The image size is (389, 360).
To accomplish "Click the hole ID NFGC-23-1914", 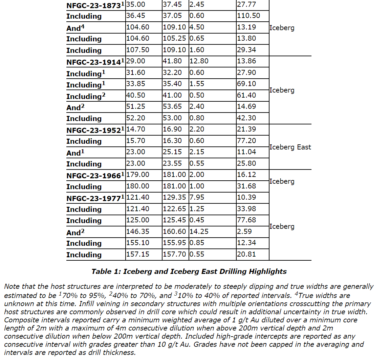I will click(94, 62).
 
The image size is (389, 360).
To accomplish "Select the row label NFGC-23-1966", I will click(94, 176).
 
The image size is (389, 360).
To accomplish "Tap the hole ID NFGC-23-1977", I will click(94, 198).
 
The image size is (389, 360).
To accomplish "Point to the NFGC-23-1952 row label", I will click(94, 130).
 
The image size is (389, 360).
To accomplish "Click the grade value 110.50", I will click(248, 16).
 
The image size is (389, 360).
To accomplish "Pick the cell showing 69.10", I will click(246, 84).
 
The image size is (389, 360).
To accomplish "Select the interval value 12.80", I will click(199, 61).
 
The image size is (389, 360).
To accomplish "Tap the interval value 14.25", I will click(199, 232).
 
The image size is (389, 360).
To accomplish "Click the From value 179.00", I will click(137, 175).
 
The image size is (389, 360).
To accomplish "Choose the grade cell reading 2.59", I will click(244, 232).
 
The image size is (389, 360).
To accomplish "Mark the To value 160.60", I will click(174, 232).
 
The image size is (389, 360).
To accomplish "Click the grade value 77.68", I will click(246, 220).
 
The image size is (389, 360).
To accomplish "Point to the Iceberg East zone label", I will click(290, 147).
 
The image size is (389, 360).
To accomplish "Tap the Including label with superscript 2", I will click(86, 96).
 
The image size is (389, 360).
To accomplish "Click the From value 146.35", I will click(137, 232).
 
